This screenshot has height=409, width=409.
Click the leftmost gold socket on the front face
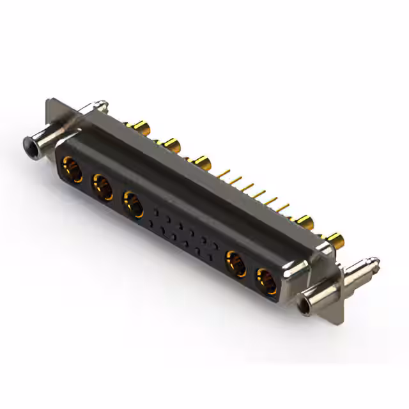pos(72,171)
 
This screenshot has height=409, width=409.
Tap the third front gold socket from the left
pos(133,204)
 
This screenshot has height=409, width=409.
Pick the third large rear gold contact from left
pos(202,162)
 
